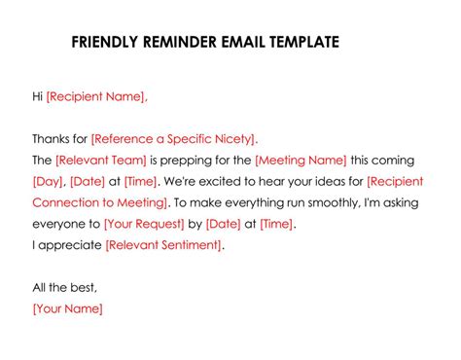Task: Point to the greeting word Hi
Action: [38, 95]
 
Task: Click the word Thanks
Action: [52, 138]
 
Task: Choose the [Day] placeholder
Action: [49, 181]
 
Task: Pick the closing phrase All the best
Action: [64, 288]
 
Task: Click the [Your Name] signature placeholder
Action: [67, 308]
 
